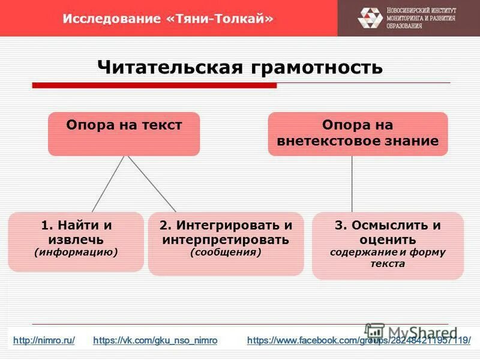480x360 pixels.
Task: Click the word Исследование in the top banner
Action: [x=111, y=19]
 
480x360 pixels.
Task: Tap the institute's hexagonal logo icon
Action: [x=370, y=18]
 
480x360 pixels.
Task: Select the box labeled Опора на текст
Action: [x=124, y=134]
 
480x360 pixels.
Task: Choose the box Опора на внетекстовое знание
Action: [x=358, y=134]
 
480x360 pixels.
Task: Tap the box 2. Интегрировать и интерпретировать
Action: [x=226, y=243]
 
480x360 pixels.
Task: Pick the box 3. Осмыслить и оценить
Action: [x=387, y=245]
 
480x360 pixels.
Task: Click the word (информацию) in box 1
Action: [x=76, y=252]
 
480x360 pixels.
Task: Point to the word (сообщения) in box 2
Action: [x=226, y=253]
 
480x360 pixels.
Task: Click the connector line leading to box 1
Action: [x=108, y=184]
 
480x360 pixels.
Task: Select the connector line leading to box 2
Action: [x=151, y=184]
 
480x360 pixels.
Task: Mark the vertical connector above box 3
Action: [x=352, y=184]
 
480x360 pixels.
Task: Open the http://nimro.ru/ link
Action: [x=44, y=340]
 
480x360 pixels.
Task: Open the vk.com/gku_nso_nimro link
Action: [x=155, y=340]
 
